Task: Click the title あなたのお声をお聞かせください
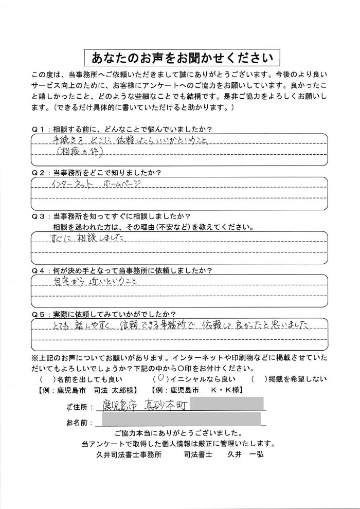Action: [179, 56]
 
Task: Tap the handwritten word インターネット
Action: [70, 184]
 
